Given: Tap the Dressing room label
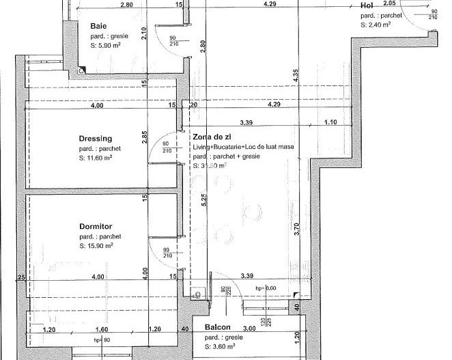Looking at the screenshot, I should (x=96, y=138).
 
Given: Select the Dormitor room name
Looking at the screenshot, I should (x=95, y=227).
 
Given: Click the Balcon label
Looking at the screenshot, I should (x=218, y=327).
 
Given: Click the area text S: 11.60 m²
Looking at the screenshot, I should (x=96, y=158).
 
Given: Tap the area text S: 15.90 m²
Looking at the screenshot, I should (x=96, y=246).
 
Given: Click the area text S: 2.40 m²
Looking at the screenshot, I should (x=376, y=24).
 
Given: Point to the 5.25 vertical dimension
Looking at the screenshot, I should (x=203, y=199).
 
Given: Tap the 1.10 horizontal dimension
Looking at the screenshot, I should (x=330, y=122).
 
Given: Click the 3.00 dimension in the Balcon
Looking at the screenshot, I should (x=250, y=329).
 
